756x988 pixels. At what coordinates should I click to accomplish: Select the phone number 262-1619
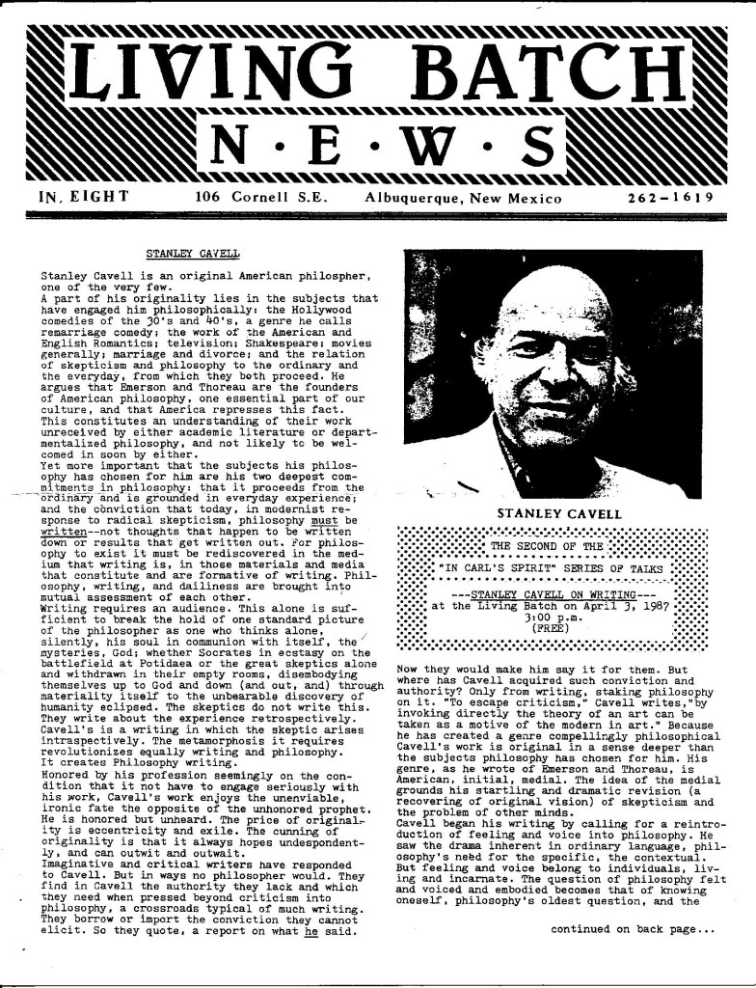[669, 198]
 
